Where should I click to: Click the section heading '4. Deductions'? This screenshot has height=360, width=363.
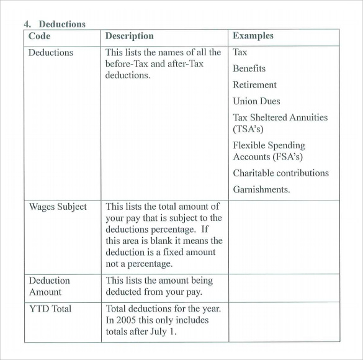tap(55, 24)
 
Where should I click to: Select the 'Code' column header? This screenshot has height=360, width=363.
tap(39, 36)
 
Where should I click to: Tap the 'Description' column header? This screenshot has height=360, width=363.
tap(129, 36)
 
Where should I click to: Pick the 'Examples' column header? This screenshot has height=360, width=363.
tap(253, 36)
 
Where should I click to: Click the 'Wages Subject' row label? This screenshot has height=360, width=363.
tap(58, 207)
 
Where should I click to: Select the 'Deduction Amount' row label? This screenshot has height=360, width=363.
tap(50, 286)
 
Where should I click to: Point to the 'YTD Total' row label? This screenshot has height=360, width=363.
tap(50, 308)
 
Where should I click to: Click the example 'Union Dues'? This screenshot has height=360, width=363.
tap(256, 101)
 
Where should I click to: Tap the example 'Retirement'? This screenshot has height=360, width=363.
tap(254, 85)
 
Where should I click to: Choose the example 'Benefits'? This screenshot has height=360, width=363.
tap(249, 69)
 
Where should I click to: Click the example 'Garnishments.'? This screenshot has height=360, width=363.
tap(261, 189)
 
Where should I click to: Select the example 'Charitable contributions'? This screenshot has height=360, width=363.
tap(280, 173)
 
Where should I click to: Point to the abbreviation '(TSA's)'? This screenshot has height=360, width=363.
tap(248, 129)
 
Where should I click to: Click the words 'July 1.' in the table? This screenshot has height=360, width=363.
tap(164, 332)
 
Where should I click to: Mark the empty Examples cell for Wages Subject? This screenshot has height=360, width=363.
tap(284, 236)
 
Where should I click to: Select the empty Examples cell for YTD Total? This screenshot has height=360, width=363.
tap(284, 321)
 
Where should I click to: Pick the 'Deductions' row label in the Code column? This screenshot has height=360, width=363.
tap(51, 53)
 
